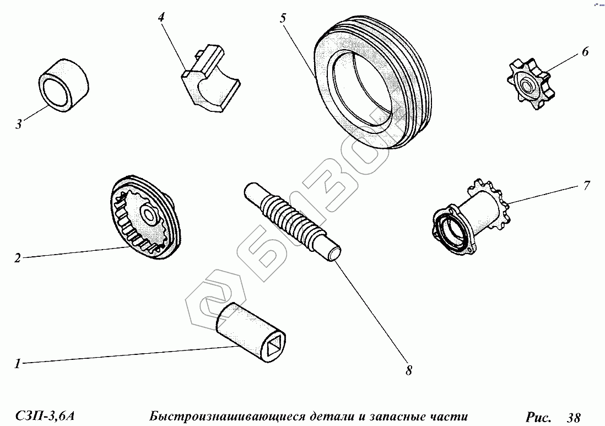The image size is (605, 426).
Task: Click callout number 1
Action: tap(17, 364)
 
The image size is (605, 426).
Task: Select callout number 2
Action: tap(18, 258)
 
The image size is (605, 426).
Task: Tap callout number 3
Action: tap(19, 124)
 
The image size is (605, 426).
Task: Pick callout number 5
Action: tap(283, 18)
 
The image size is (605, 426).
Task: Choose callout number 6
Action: tap(585, 51)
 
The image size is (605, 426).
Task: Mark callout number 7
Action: tap(586, 186)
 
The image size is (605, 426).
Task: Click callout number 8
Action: tap(409, 370)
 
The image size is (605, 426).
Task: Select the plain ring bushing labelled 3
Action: tap(64, 85)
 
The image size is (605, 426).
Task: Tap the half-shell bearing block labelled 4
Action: tap(210, 79)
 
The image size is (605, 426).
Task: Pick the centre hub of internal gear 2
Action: tap(149, 214)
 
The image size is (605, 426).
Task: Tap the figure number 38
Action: tap(574, 417)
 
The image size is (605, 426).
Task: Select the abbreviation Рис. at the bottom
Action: tap(538, 417)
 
